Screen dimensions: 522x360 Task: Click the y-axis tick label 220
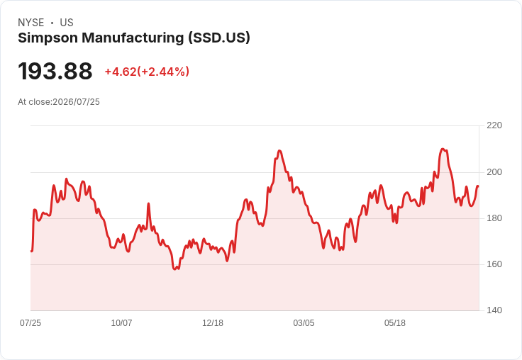[x=494, y=125]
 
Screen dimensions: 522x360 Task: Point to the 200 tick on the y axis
[x=494, y=172]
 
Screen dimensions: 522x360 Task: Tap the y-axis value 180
[x=494, y=218]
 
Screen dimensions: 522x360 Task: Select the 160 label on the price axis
[x=494, y=264]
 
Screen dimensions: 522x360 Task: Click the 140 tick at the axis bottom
[x=494, y=310]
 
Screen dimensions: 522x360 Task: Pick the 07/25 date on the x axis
[x=30, y=323]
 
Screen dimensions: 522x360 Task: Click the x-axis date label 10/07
[x=121, y=323]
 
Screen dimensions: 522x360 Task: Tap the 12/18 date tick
[x=213, y=323]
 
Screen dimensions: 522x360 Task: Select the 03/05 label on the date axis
[x=304, y=323]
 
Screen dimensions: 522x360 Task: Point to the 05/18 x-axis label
[x=395, y=323]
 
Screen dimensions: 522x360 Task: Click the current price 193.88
[x=55, y=71]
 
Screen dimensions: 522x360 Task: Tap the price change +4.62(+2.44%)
[x=147, y=72]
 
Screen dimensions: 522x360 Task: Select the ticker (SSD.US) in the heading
[x=219, y=38]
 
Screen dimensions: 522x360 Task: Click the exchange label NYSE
[x=31, y=23]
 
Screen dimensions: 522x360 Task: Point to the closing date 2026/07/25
[x=76, y=102]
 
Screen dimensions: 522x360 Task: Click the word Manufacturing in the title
[x=133, y=38]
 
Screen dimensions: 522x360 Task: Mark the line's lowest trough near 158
[x=175, y=269]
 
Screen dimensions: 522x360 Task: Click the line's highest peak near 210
[x=443, y=149]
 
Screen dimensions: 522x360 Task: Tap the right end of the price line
[x=478, y=186]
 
